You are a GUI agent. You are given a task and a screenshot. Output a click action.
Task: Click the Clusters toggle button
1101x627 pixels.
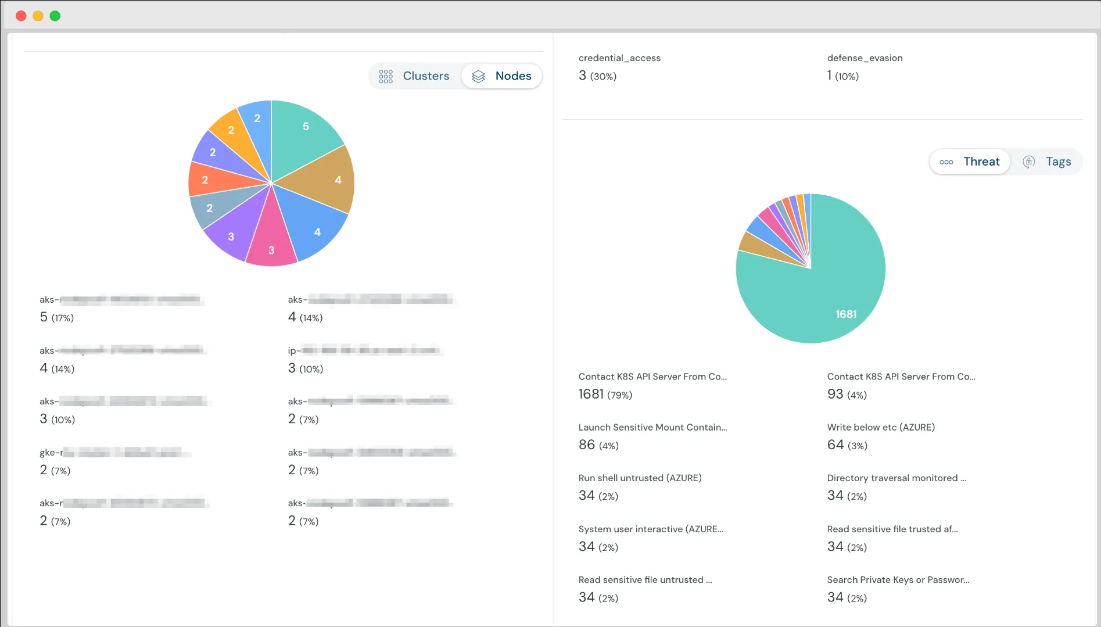tap(415, 76)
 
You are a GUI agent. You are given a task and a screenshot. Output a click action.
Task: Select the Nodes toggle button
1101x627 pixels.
tap(502, 76)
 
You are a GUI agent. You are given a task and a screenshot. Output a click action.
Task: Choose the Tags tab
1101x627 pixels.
tap(1047, 162)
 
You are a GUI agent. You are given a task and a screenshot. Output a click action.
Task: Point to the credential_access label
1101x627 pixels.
tap(619, 58)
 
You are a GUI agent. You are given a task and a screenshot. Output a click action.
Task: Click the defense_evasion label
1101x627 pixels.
tap(865, 58)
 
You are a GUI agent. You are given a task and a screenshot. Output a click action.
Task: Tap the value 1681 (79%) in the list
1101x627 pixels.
tap(605, 395)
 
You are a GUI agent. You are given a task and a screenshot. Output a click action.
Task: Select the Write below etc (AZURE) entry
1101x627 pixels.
tap(881, 427)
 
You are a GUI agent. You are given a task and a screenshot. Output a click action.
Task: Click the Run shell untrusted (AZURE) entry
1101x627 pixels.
tap(640, 478)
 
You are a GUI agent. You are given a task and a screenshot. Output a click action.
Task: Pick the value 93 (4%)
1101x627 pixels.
tap(847, 395)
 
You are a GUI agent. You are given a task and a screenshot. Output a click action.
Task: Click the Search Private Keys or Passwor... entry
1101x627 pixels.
tap(898, 579)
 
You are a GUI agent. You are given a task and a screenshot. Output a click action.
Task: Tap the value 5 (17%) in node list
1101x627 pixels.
tap(56, 317)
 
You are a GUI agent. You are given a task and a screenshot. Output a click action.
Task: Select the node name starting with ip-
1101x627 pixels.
tap(364, 350)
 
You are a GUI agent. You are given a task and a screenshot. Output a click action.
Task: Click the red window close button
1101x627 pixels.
tap(21, 16)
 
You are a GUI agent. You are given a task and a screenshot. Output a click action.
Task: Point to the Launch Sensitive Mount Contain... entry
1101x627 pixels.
tap(652, 427)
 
